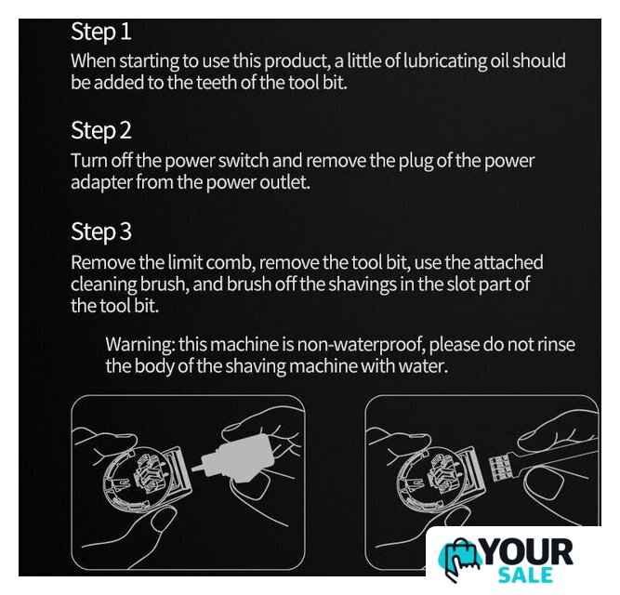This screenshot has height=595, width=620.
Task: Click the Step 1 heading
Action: tap(100, 32)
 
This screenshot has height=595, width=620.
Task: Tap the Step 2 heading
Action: tap(100, 130)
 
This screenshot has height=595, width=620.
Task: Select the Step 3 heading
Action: tap(100, 231)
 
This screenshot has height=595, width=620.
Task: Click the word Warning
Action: tap(140, 345)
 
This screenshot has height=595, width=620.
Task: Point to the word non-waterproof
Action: tap(361, 345)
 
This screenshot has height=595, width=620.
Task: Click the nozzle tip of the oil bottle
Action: tap(193, 469)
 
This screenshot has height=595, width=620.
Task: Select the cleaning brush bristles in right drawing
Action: tap(498, 468)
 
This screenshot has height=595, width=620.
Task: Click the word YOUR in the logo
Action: tap(527, 552)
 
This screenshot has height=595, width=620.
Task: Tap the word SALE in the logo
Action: tap(525, 575)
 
